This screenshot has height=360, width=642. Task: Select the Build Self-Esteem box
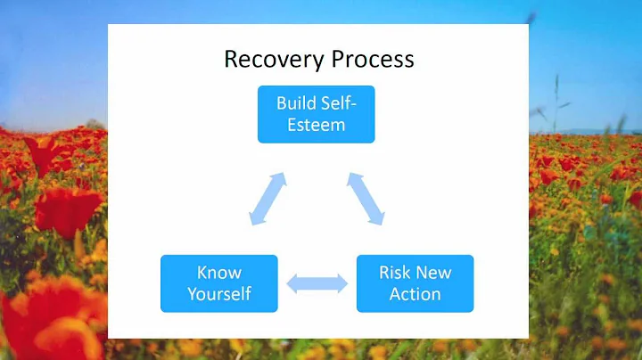316,113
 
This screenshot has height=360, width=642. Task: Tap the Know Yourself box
218,282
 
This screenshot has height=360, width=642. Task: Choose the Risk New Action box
415,282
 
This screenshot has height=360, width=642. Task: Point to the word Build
296,102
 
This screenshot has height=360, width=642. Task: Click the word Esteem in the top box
316,125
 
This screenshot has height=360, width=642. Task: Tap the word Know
219,272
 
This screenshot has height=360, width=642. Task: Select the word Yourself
219,293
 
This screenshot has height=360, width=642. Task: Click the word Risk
396,272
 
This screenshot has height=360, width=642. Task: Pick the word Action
415,293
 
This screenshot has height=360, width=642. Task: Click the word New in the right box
433,272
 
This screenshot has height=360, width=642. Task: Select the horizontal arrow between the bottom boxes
317,284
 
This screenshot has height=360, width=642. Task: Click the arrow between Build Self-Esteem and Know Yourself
267,198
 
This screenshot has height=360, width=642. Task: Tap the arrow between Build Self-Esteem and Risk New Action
366,198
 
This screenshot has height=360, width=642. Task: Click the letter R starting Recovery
231,60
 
